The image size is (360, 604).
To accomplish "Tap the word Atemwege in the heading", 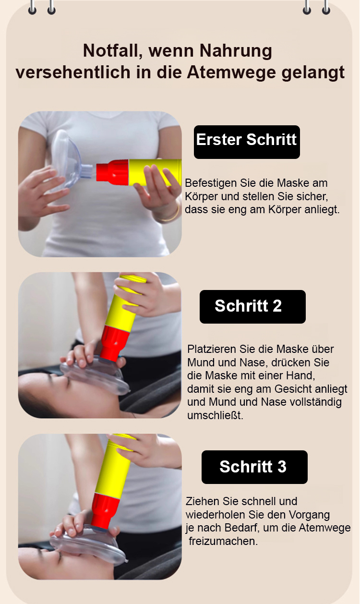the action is pos(231,72).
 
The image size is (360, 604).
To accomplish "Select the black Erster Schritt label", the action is pos(247,142).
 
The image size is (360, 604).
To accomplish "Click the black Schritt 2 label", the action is pos(252,307).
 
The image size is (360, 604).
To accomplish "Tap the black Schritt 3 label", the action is pos(254,467).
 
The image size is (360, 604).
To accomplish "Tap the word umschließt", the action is pos(215,415).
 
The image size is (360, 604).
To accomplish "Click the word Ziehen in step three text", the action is pos(199,501).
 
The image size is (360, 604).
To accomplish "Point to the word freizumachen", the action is pos(223,541).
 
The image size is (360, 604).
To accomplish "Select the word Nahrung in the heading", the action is pos(236,51).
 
